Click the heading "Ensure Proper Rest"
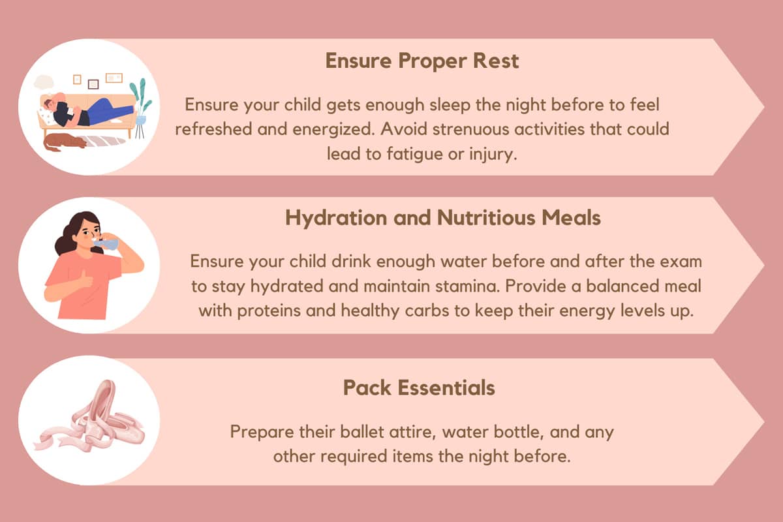click(422, 61)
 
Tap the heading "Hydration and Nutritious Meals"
click(443, 218)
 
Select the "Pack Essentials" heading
click(419, 388)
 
